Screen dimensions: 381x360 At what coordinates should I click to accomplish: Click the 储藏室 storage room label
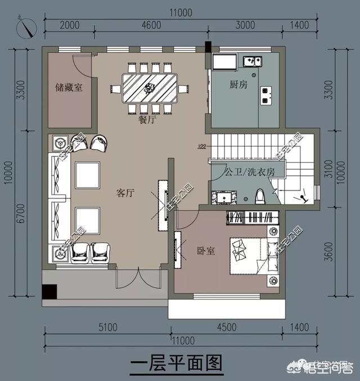(x=69, y=88)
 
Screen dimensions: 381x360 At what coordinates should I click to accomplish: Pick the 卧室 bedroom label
(x=206, y=251)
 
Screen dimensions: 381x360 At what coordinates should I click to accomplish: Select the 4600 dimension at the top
(x=151, y=25)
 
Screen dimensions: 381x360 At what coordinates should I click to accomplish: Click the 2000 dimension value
(x=70, y=25)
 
